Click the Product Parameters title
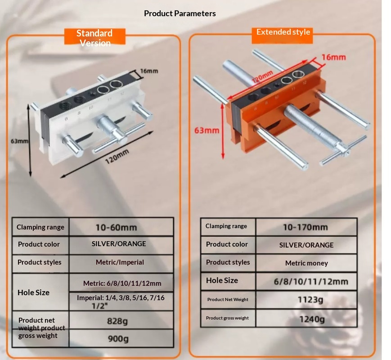(x=180, y=13)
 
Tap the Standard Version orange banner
(x=95, y=36)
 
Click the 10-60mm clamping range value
(x=116, y=227)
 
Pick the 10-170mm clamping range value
(x=306, y=227)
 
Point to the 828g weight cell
(x=117, y=321)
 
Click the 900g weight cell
(x=118, y=338)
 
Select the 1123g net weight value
(x=310, y=299)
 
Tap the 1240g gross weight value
(x=312, y=319)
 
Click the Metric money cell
(x=306, y=263)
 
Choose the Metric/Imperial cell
(x=120, y=262)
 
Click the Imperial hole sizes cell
(x=121, y=301)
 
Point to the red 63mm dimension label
(x=207, y=130)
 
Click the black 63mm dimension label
(x=19, y=141)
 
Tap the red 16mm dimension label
(x=334, y=57)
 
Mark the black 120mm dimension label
(x=117, y=157)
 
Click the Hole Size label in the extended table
(x=222, y=280)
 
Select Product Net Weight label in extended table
(x=228, y=299)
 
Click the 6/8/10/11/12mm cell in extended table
(x=311, y=281)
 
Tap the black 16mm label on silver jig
(x=149, y=71)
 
